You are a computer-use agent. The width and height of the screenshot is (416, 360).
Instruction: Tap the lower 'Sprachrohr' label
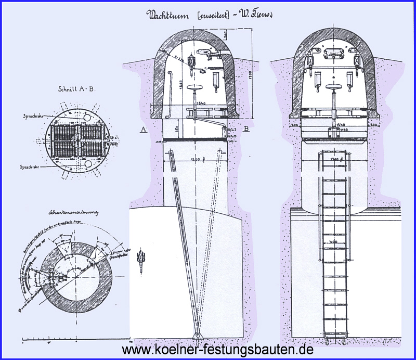31,168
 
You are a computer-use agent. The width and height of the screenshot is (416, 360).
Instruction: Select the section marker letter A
142,130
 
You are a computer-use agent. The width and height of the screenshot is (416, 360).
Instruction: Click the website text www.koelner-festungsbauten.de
217,350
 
